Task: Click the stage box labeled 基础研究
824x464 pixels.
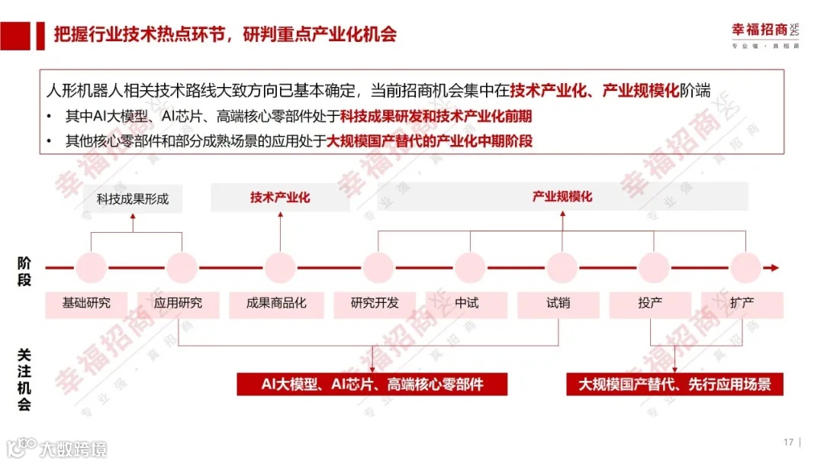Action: pos(87,303)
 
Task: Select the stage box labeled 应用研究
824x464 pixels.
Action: pos(179,303)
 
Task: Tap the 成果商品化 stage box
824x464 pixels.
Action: pos(276,303)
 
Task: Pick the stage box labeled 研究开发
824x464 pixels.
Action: pos(375,303)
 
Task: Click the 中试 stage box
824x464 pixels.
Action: pos(467,303)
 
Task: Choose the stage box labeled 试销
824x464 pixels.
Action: pos(558,303)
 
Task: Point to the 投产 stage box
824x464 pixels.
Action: pos(651,303)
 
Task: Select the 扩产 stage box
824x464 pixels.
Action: pos(742,303)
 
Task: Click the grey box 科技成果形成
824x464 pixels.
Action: pos(133,199)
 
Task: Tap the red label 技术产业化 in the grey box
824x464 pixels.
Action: pos(280,198)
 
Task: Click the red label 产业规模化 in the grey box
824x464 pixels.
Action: pos(562,197)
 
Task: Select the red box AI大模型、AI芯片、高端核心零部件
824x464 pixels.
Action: pos(372,384)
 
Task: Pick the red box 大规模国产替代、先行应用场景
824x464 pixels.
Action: pos(674,384)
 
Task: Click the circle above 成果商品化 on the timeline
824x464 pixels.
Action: pos(280,268)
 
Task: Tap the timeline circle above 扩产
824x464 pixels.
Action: pos(745,268)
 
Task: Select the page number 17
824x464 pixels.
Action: pos(788,442)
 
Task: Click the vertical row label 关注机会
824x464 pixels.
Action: pos(24,379)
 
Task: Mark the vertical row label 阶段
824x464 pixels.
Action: pos(24,271)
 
